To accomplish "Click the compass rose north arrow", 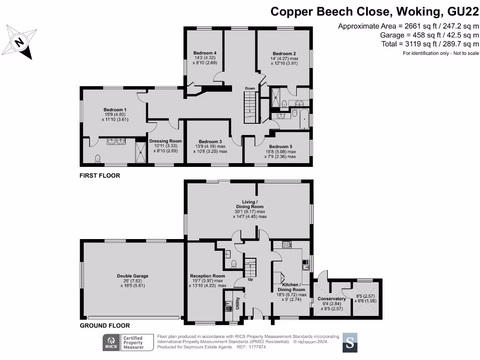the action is point(19,42).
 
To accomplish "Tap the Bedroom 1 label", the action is point(115,110).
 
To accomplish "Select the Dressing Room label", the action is point(165,141).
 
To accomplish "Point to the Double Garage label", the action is point(133,276).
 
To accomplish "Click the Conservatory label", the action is point(331,299).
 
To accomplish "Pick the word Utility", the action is point(238,303).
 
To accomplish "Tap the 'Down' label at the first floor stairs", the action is point(250,88).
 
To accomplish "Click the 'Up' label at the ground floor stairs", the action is point(250,279).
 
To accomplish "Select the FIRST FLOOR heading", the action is point(100,175).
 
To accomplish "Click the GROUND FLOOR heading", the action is point(105,325).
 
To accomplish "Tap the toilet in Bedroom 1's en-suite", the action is point(97,158).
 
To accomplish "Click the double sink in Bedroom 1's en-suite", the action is point(116,142).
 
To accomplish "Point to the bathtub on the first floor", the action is point(304,119).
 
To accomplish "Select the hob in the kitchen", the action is point(286,244).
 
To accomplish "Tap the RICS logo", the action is point(112,342).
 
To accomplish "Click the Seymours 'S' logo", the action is point(350,343).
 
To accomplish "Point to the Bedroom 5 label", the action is point(280,147).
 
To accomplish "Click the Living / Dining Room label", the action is point(250,204).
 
